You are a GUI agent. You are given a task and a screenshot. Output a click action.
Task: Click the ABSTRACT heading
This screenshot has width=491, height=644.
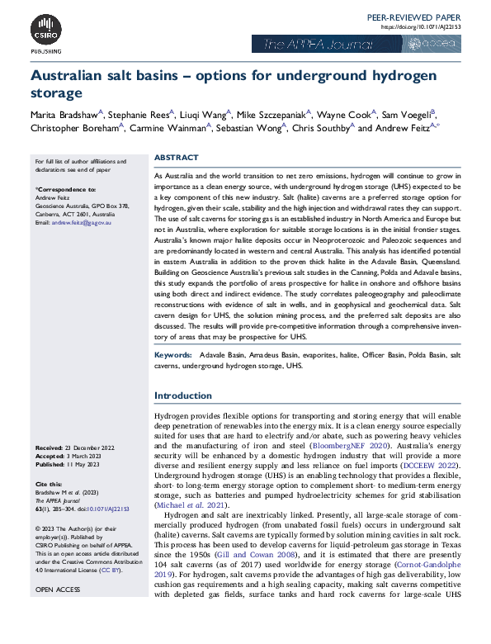click(x=176, y=158)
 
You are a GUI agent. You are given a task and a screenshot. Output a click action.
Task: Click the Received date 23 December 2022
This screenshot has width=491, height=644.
click(x=88, y=447)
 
